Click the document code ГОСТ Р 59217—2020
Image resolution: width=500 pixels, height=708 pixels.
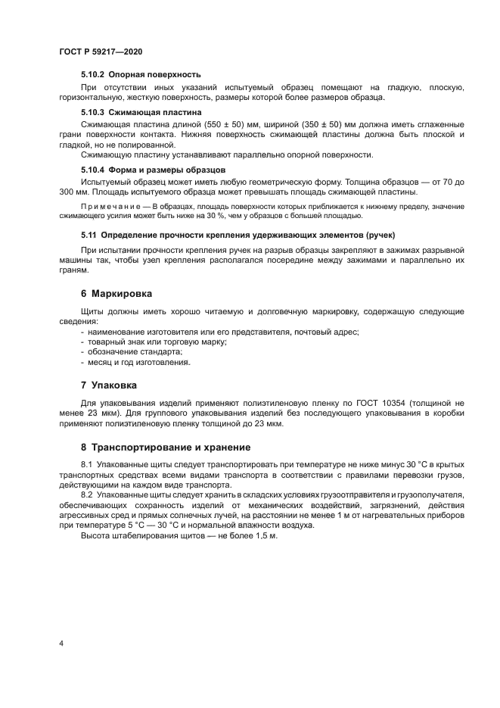coord(101,51)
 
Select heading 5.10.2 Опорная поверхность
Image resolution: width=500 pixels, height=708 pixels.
coord(140,75)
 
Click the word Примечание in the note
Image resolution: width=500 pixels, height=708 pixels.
coord(111,206)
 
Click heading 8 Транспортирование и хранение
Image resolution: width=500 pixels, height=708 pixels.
coord(169,446)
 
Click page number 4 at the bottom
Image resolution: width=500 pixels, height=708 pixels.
coord(61,643)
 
